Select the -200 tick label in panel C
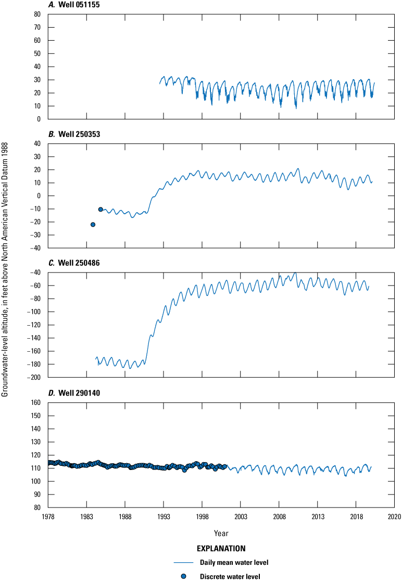click(33, 377)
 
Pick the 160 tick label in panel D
click(35, 403)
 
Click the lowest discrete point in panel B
click(93, 225)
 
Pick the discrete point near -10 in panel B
click(100, 209)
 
